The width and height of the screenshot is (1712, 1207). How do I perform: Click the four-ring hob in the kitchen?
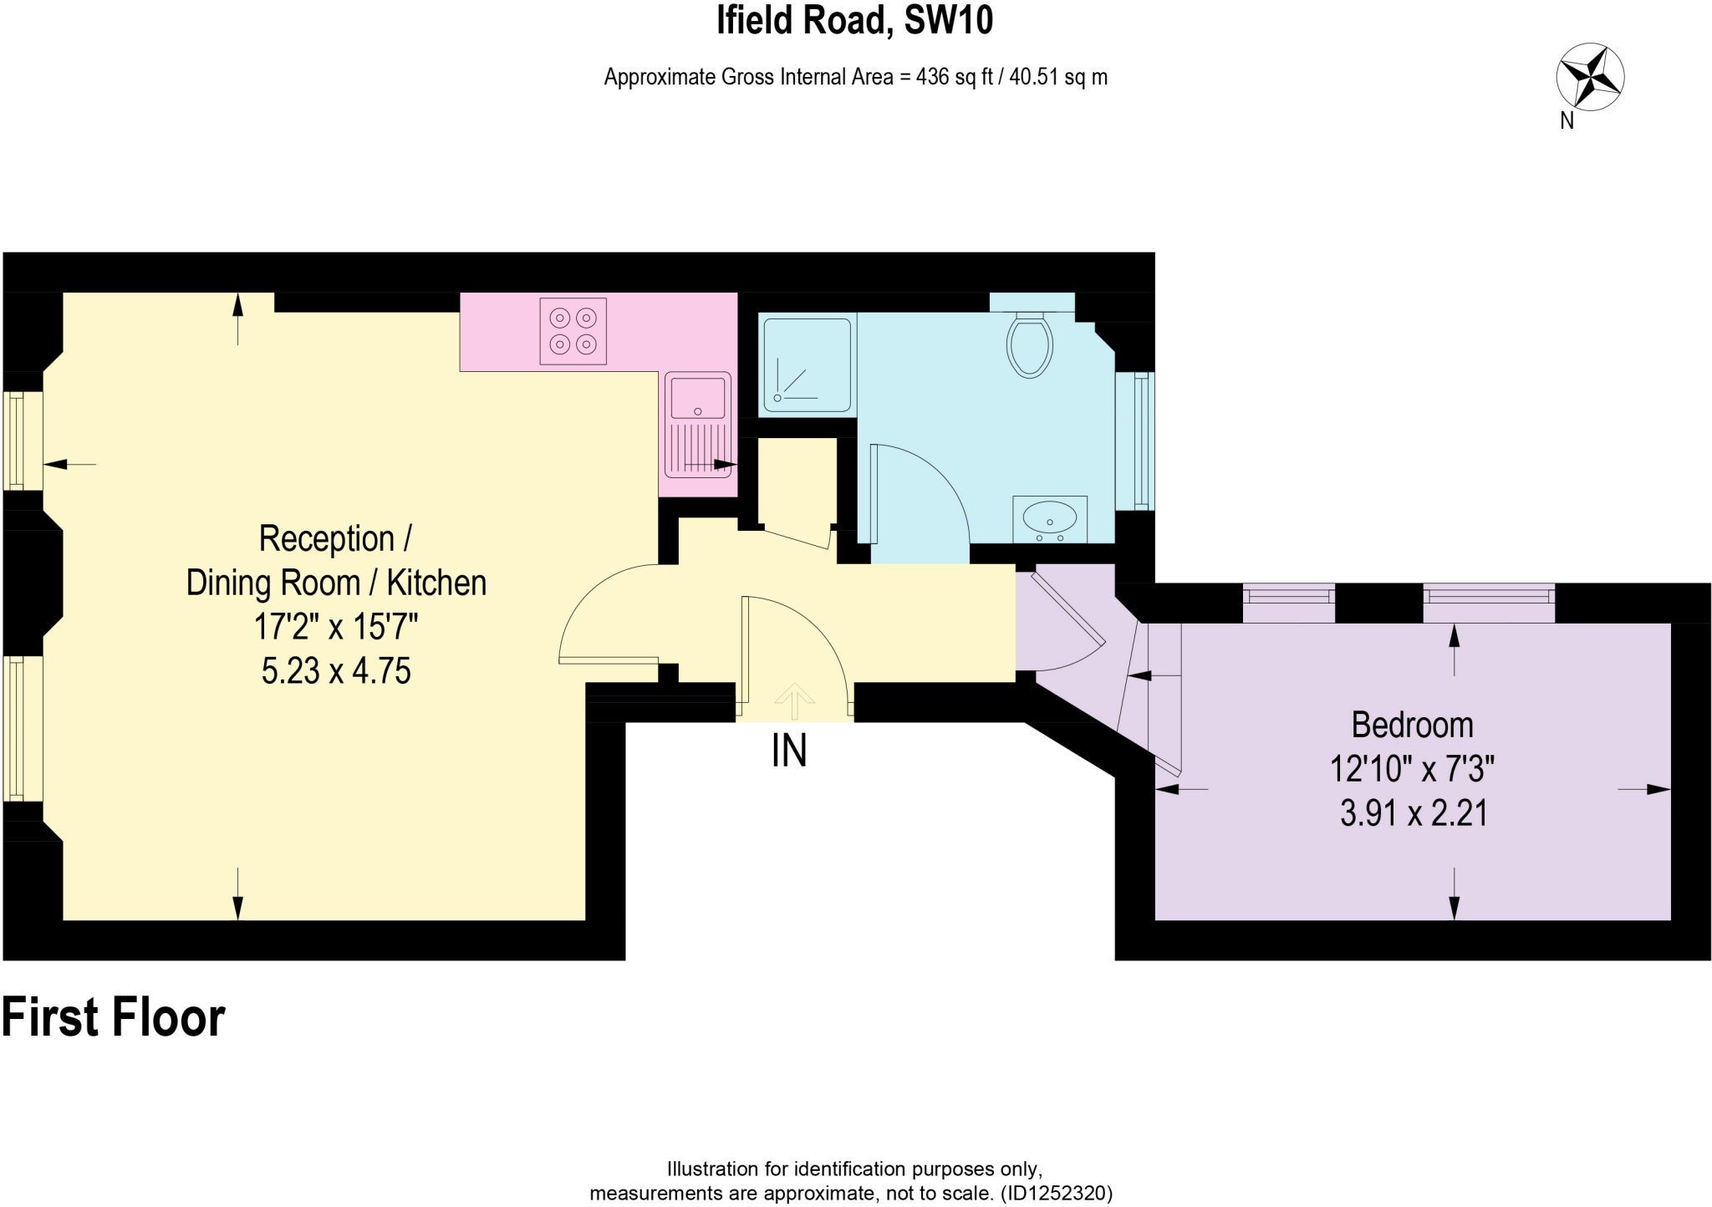(573, 330)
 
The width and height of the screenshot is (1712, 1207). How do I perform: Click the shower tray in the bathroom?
(807, 364)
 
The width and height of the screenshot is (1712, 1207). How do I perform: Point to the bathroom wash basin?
(1050, 517)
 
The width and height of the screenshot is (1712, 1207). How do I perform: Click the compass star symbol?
(1590, 77)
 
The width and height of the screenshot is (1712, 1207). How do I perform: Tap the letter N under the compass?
(1567, 121)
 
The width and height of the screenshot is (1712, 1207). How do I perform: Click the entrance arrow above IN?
(794, 700)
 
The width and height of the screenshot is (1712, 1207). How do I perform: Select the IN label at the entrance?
(788, 751)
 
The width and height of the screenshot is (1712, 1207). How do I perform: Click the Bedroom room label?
(1412, 725)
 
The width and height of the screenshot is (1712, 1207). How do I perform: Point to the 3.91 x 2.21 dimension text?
(1414, 813)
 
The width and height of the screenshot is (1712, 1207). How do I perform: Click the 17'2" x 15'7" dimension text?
(336, 626)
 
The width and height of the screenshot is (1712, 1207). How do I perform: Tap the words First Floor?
(114, 1017)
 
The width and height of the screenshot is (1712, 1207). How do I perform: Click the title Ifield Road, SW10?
(854, 20)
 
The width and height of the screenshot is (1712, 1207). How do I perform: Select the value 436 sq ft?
(954, 77)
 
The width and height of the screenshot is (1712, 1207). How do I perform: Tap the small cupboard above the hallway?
(797, 481)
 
